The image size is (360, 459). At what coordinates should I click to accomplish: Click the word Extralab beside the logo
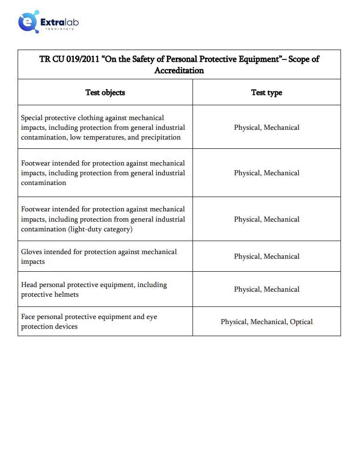[x=59, y=21]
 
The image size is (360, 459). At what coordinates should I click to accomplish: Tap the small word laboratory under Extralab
[x=60, y=29]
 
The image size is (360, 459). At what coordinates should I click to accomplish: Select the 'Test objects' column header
[x=105, y=92]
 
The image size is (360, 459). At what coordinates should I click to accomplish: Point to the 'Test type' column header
[x=267, y=92]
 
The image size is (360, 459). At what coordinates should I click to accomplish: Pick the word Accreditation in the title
[x=179, y=70]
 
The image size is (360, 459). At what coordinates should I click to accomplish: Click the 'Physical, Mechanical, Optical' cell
[x=267, y=322]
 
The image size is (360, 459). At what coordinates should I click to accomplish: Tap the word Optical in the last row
[x=302, y=322]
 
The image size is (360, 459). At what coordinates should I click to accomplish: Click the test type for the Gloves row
[x=267, y=256]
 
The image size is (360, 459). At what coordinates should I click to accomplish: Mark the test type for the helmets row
[x=267, y=289]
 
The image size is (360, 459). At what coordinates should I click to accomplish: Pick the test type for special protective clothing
[x=267, y=127]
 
